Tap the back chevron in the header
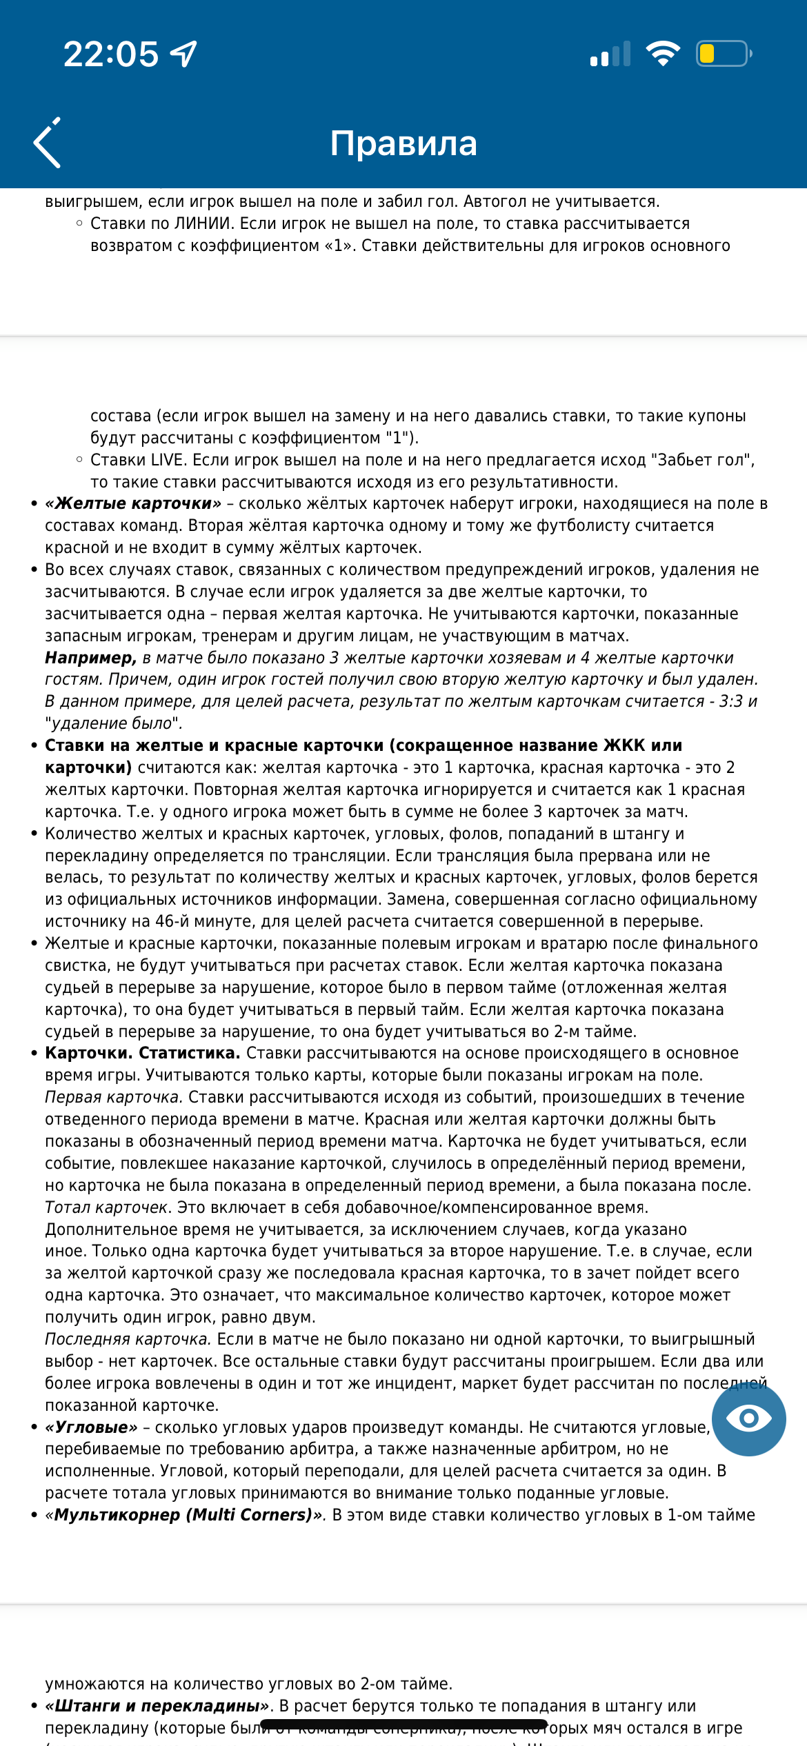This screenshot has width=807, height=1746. click(48, 143)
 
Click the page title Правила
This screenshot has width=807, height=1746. click(403, 143)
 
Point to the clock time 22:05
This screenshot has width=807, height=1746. click(111, 54)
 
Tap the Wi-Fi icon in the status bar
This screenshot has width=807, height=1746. click(663, 53)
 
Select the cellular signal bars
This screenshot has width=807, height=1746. click(610, 54)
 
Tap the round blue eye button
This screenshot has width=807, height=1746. click(748, 1418)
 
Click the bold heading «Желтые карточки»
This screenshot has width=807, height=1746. click(133, 503)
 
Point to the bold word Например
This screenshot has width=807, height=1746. click(90, 658)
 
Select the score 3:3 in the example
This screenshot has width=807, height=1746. click(731, 701)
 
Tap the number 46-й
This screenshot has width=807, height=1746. click(183, 921)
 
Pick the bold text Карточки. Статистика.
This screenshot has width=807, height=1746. click(143, 1053)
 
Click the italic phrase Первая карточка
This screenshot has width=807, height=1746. click(114, 1097)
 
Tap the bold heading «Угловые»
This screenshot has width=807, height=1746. click(92, 1427)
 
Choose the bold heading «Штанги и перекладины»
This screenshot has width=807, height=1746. click(158, 1706)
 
